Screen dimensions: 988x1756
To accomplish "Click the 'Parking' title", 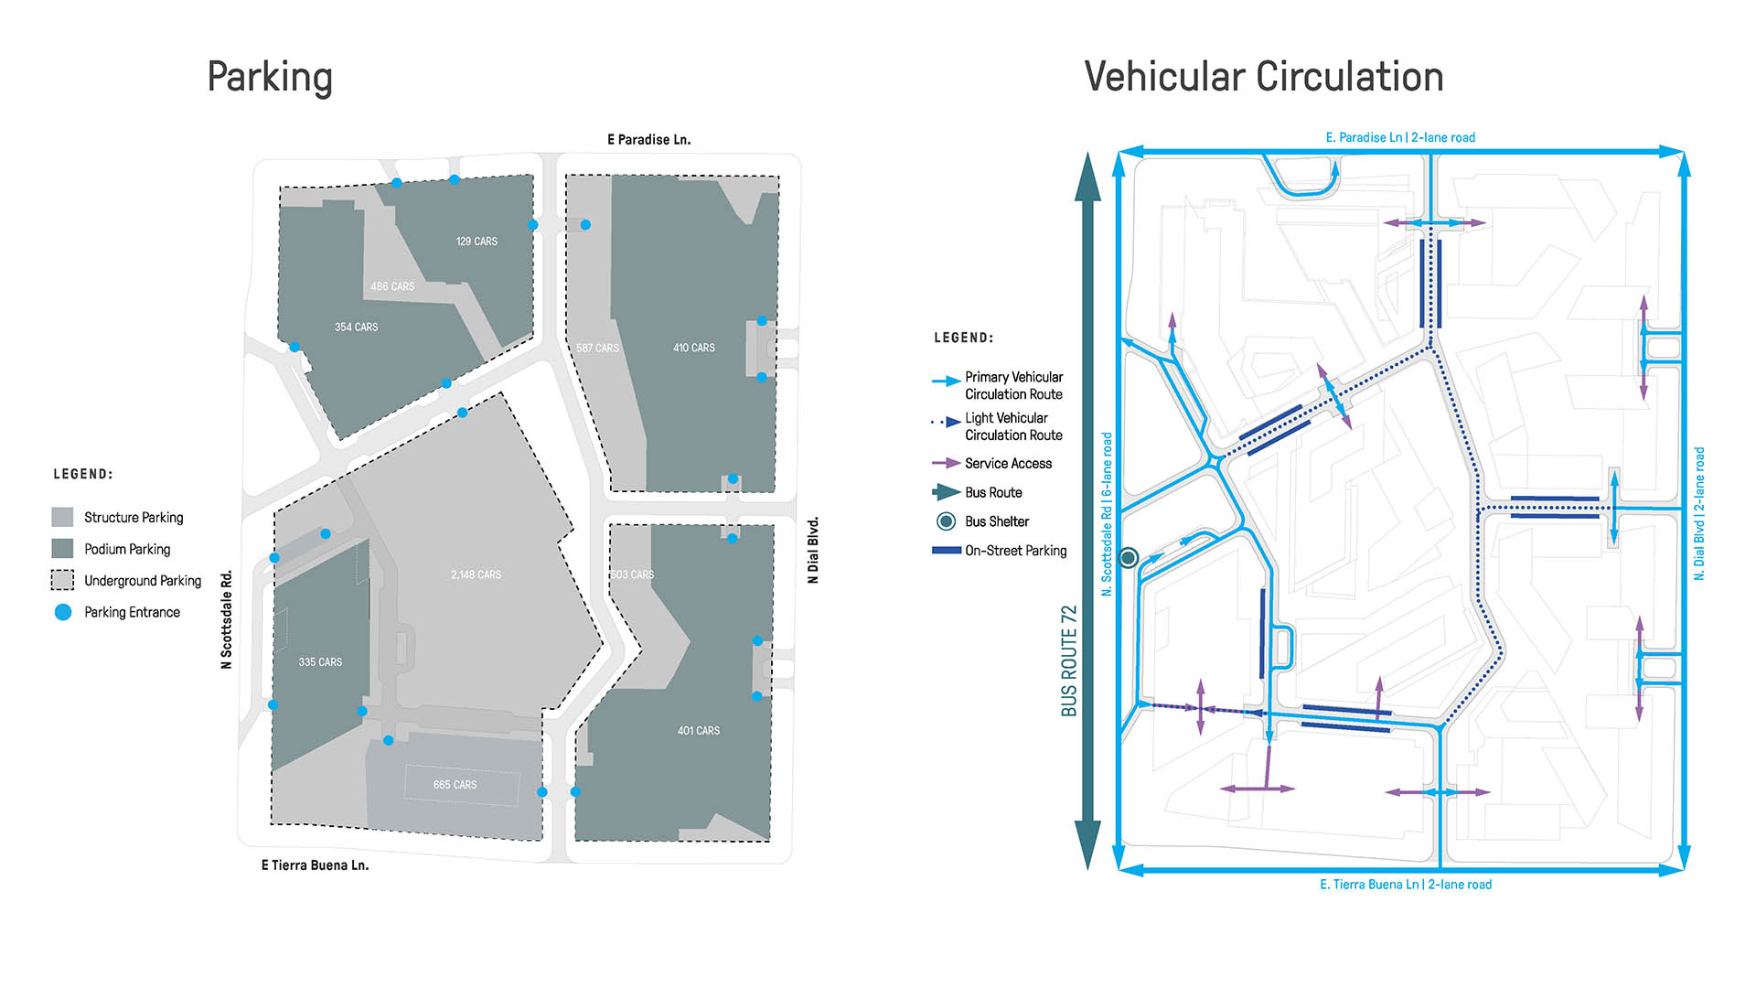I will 270,77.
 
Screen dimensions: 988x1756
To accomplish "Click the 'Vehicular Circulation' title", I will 1263,77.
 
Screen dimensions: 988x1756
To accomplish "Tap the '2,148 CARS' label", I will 476,575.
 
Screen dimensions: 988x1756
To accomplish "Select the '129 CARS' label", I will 476,242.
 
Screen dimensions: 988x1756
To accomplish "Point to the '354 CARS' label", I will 356,327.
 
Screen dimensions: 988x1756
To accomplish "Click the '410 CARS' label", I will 693,348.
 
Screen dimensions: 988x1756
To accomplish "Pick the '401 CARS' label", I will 698,730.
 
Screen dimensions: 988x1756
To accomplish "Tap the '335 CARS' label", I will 320,661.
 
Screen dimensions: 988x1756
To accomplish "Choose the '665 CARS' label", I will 455,784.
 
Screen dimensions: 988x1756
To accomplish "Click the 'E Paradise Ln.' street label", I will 648,140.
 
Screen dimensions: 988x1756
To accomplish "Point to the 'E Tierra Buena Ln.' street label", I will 315,864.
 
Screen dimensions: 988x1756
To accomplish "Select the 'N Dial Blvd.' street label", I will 813,550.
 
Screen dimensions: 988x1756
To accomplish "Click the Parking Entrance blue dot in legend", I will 63,612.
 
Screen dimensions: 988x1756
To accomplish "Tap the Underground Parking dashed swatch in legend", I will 62,580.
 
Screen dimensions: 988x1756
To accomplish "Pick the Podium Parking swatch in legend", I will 62,548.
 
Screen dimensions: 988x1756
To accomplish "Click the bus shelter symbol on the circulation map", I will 1129,557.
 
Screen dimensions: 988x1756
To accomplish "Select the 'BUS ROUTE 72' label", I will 1068,660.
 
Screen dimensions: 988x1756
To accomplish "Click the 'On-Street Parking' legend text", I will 1015,551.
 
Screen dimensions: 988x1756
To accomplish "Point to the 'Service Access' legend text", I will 1008,464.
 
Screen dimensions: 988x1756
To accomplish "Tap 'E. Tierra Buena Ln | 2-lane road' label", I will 1405,885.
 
